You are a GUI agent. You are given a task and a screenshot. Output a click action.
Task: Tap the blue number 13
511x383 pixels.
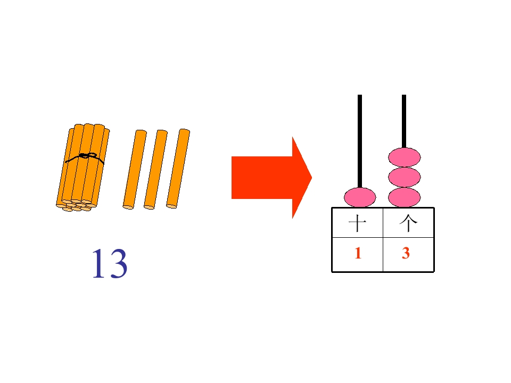110,263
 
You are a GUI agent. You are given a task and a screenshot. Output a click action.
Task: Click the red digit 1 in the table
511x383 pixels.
358,253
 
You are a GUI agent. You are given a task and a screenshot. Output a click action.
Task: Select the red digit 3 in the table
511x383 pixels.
406,253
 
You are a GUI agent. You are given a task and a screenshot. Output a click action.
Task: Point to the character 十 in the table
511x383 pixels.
357,223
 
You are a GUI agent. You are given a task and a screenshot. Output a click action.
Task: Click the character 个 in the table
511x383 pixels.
408,223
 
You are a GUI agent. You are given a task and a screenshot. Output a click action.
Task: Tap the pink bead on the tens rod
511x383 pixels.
360,197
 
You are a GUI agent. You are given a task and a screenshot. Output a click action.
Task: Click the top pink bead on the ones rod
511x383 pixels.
404,157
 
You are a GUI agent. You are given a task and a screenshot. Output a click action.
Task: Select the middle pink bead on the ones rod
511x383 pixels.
404,177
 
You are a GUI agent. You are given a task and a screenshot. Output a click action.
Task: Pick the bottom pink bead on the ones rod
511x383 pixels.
404,197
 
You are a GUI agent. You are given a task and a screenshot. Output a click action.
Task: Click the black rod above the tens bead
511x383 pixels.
360,141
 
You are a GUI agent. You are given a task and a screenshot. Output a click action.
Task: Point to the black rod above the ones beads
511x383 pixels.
404,121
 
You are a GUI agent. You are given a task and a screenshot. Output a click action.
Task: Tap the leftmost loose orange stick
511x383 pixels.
135,170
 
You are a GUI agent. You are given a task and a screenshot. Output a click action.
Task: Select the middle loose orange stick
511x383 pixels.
156,170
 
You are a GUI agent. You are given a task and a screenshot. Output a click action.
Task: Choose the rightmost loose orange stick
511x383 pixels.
178,169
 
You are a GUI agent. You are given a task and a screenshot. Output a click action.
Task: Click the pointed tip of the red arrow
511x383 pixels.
312,178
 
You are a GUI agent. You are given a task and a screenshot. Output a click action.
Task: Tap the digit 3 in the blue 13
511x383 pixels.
118,263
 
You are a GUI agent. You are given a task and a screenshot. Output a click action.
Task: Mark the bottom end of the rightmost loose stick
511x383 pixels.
171,206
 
